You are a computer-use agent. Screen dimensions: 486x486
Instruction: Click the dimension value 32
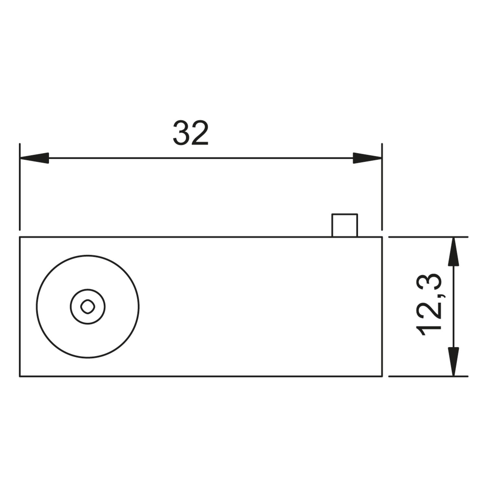pos(191,133)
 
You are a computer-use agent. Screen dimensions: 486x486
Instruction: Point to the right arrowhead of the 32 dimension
pos(368,158)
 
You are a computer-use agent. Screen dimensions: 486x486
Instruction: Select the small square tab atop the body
pos(344,226)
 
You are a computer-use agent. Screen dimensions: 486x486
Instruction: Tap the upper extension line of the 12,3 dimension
pos(428,237)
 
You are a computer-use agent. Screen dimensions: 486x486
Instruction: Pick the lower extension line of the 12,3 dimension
pos(428,376)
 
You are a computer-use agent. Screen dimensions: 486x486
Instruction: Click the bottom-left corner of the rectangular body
pos(20,376)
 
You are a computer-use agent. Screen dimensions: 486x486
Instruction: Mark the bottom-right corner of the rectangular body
pos(382,376)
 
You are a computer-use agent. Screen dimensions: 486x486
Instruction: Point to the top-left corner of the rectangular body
pos(20,237)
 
